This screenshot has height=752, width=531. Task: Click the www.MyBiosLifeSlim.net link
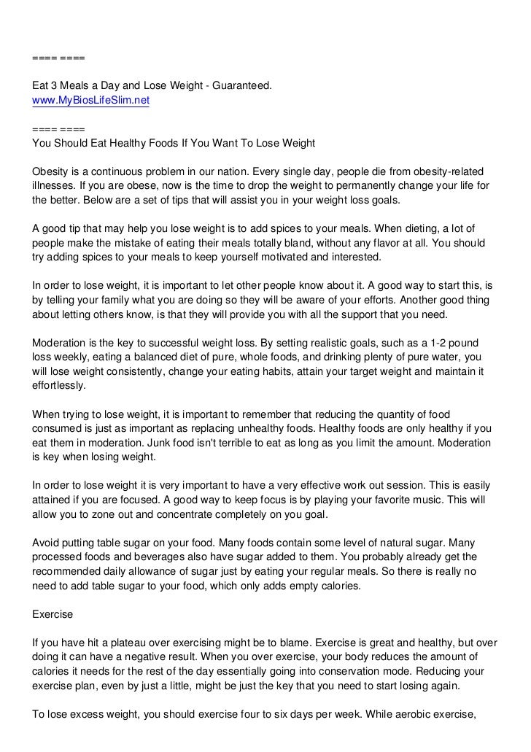pos(90,101)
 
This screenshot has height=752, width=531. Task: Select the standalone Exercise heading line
pos(53,614)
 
